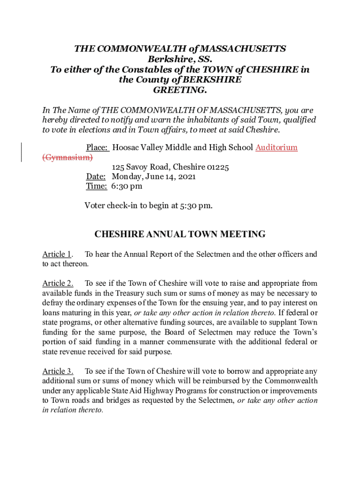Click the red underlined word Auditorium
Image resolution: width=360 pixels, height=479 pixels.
(x=276, y=148)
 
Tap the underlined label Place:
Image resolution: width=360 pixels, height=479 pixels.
(x=98, y=148)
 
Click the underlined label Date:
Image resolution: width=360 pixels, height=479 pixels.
(x=96, y=177)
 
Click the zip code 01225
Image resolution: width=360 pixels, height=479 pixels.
(x=218, y=167)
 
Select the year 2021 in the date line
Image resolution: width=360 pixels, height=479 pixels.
(x=187, y=177)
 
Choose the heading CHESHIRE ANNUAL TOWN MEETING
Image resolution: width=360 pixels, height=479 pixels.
(x=180, y=234)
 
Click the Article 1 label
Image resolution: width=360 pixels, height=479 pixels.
(x=57, y=254)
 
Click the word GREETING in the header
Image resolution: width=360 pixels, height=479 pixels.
(x=180, y=89)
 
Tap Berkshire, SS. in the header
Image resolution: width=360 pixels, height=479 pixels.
(x=180, y=59)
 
